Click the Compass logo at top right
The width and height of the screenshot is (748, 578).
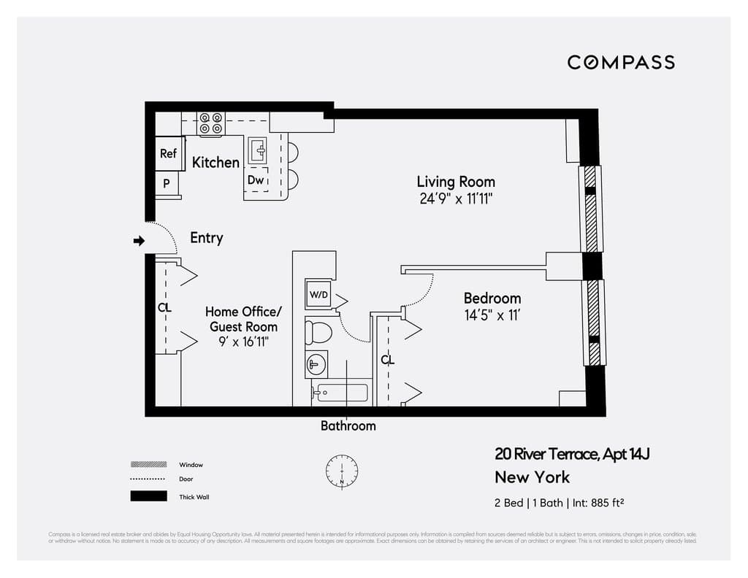621,62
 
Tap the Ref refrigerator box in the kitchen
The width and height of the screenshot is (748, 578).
169,153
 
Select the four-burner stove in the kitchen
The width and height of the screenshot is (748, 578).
212,124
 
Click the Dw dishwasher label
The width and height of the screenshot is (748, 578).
255,180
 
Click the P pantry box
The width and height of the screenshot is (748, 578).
167,184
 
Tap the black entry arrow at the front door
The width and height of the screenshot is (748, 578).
138,241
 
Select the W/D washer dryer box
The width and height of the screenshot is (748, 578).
318,295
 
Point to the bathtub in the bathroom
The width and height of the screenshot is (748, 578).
340,393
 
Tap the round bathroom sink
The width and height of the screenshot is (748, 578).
316,363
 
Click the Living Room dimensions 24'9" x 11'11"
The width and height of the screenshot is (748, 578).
457,199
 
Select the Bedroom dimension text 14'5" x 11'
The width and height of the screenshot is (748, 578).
492,315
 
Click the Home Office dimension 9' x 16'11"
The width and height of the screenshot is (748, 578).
243,342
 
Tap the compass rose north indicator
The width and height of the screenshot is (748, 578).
341,471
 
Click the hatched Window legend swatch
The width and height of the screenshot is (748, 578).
148,464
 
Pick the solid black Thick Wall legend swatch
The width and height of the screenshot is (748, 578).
148,496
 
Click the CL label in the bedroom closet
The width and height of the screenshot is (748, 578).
387,360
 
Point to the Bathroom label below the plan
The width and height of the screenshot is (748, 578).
348,425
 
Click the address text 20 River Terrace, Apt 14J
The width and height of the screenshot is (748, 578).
572,454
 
